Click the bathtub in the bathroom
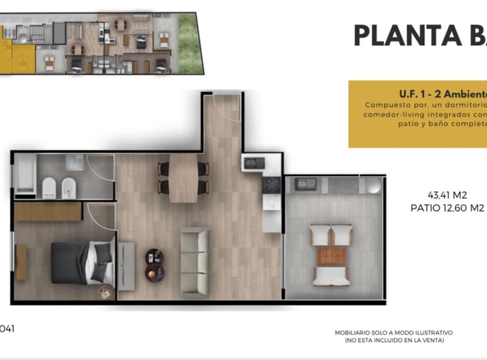(24, 174)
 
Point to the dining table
(183, 178)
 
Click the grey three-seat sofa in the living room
(195, 261)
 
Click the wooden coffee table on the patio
(331, 256)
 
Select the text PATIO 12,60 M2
(447, 208)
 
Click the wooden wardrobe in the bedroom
(48, 212)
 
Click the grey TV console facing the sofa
(126, 265)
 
